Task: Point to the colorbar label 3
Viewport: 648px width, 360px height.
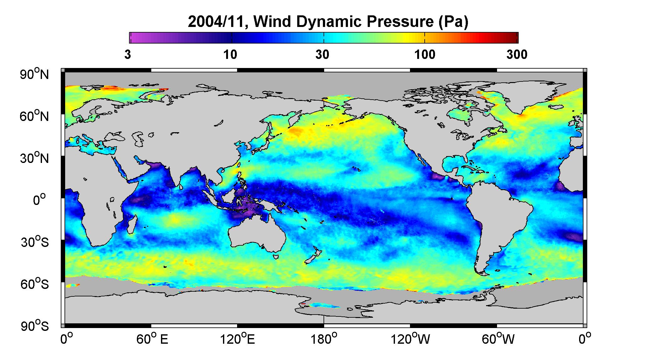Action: [127, 55]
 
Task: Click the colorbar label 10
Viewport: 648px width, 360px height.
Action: [230, 55]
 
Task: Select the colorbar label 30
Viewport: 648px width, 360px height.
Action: [322, 55]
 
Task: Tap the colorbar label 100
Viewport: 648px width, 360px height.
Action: [425, 55]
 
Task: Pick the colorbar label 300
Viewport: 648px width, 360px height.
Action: [517, 55]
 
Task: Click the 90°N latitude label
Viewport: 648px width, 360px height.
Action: [35, 74]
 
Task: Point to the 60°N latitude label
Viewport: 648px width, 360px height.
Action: [35, 116]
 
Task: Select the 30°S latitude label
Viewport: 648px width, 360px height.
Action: [35, 242]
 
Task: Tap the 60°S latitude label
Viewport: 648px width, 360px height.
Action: [35, 284]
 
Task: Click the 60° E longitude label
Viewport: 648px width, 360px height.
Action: [152, 339]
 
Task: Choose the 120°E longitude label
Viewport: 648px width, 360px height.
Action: [238, 339]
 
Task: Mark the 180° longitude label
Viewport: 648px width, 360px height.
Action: [324, 339]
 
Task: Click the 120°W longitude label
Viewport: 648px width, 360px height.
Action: [411, 339]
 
